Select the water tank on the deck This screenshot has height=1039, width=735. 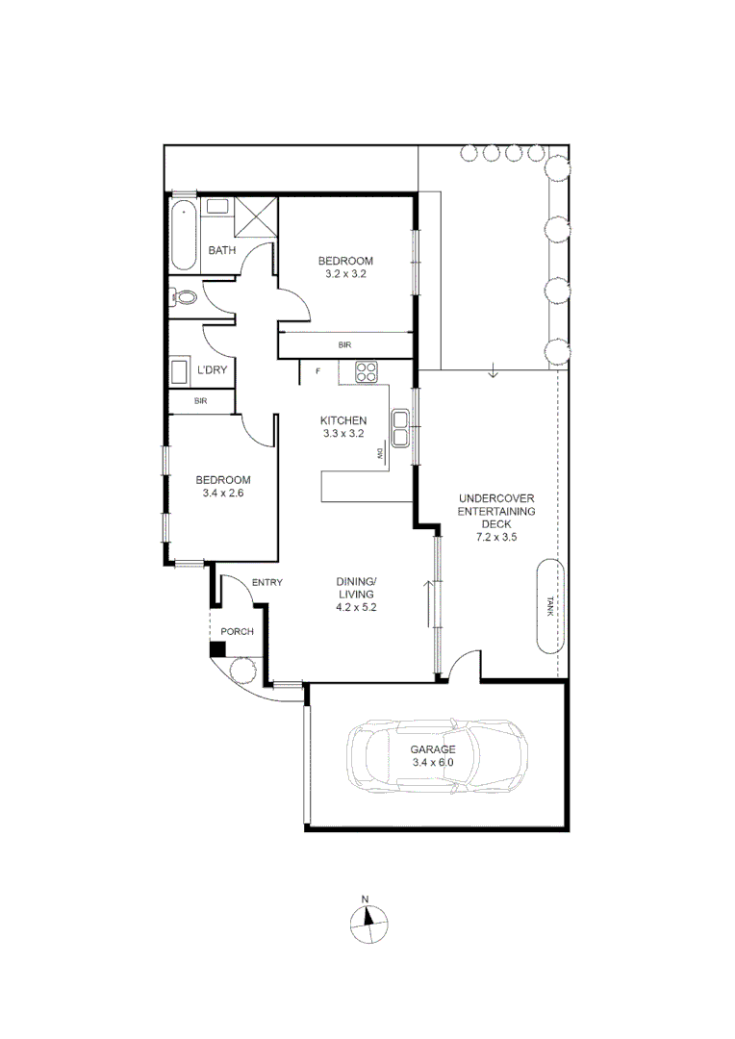point(550,604)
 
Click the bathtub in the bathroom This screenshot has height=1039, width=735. point(182,236)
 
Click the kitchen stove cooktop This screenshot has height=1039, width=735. point(367,371)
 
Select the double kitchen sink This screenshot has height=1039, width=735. point(401,428)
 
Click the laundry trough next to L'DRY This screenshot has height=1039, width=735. point(180,371)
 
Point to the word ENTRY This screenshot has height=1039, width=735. point(266,583)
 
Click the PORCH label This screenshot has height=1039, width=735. point(237,632)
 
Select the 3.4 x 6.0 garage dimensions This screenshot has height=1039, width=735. point(434,762)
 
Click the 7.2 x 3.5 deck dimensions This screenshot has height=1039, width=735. point(496,538)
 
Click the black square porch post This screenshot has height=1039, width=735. point(218,649)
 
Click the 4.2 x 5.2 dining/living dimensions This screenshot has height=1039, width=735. point(355,607)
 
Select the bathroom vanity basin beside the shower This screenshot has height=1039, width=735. point(218,205)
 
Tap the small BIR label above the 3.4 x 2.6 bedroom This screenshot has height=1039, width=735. point(200,400)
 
